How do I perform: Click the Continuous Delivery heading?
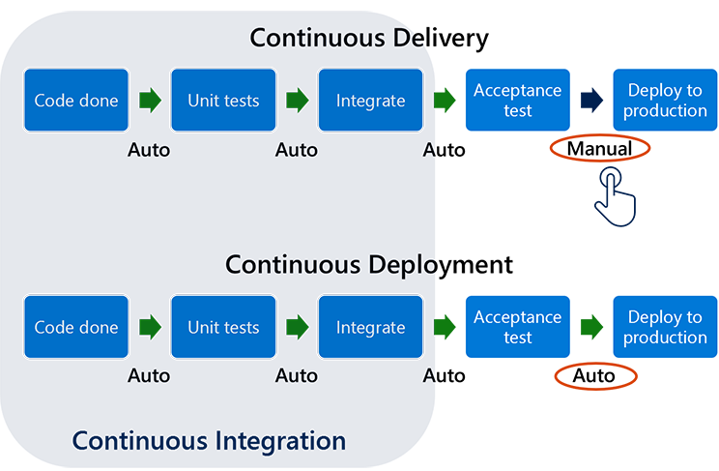click(x=369, y=39)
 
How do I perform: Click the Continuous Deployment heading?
click(x=369, y=264)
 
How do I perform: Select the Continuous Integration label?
click(x=209, y=441)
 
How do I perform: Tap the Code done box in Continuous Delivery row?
click(x=76, y=101)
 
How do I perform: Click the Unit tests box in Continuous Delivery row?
click(x=223, y=101)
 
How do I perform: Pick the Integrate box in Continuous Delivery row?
click(x=370, y=101)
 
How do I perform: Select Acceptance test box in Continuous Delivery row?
click(x=517, y=101)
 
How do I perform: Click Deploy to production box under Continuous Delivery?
click(x=665, y=101)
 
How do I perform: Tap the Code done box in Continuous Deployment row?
click(x=76, y=327)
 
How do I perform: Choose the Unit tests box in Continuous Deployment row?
click(x=223, y=327)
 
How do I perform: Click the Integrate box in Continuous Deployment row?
click(x=370, y=327)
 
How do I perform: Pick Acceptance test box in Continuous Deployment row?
click(x=517, y=327)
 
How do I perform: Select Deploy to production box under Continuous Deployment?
click(x=665, y=327)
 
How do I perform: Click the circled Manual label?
click(x=599, y=149)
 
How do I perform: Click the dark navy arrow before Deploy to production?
click(x=591, y=101)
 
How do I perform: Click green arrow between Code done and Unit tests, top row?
click(x=150, y=101)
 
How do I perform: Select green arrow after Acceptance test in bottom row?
click(x=591, y=327)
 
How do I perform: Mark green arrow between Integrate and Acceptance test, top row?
click(x=444, y=101)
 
